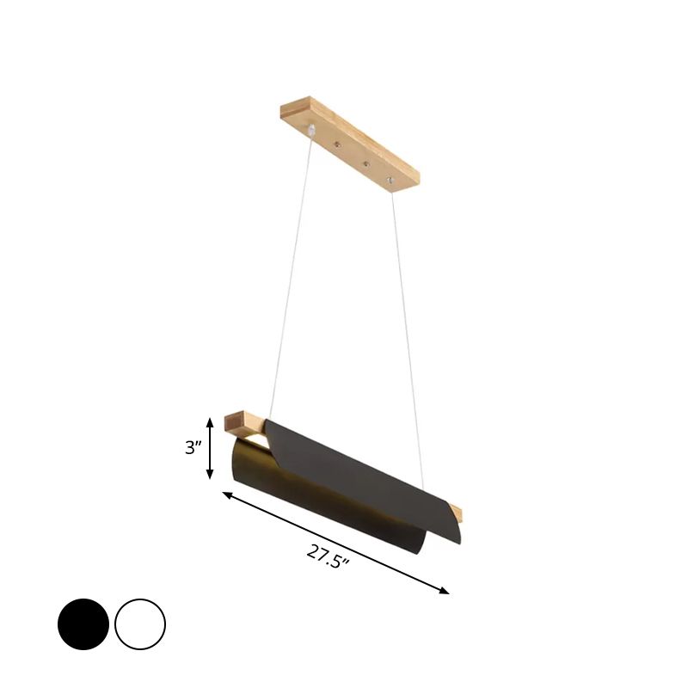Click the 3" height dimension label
coord(193,448)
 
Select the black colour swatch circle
coord(83,624)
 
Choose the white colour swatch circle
coord(139,624)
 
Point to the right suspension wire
coord(408,335)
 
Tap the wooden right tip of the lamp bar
coord(457,513)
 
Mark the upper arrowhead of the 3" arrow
coord(210,421)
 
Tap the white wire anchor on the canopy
coord(310,130)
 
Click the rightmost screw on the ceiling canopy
coord(390,180)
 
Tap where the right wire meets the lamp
coord(423,489)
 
